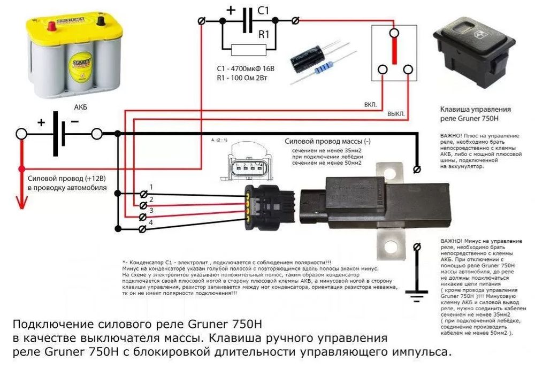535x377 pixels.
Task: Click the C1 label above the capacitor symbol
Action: point(264,11)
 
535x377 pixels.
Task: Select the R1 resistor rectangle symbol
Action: point(248,50)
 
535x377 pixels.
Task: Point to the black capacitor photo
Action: point(304,57)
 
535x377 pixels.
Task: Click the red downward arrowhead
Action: point(21,203)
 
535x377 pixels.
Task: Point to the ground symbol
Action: point(417,293)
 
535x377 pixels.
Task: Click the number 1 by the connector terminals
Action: point(151,187)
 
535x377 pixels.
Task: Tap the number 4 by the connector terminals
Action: point(151,222)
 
